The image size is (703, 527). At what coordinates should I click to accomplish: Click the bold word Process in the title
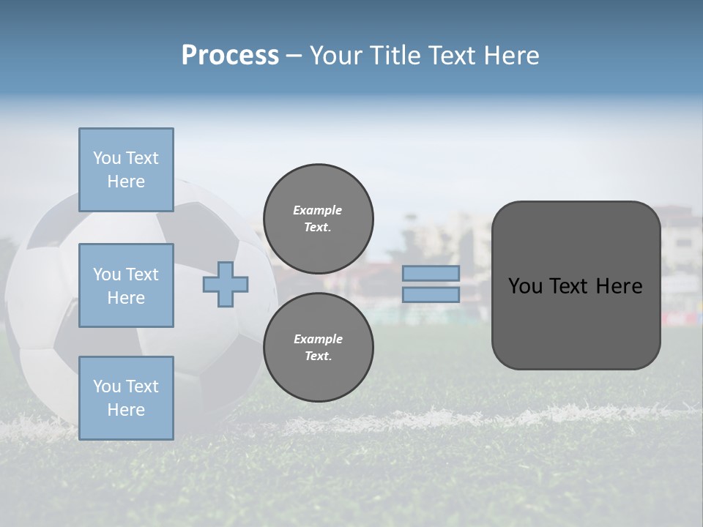(x=230, y=56)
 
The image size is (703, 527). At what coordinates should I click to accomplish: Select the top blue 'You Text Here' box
(x=126, y=170)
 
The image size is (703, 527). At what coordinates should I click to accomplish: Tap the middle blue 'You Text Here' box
(x=126, y=285)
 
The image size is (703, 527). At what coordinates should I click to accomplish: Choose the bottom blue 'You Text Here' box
(x=126, y=397)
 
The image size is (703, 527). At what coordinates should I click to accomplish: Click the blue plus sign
(x=226, y=285)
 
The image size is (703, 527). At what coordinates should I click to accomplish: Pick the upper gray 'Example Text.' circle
(x=319, y=219)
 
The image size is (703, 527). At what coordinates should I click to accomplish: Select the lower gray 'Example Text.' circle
(x=319, y=347)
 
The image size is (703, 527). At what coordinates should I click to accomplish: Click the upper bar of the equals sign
(x=431, y=274)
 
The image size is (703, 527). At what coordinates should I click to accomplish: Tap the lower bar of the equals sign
(x=431, y=294)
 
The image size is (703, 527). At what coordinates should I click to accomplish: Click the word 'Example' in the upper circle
(x=318, y=210)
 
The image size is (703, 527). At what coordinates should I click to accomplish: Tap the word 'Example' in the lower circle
(x=318, y=339)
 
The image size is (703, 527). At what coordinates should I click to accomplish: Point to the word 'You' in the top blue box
(x=106, y=158)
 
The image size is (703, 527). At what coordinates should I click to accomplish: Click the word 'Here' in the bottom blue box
(x=126, y=410)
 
